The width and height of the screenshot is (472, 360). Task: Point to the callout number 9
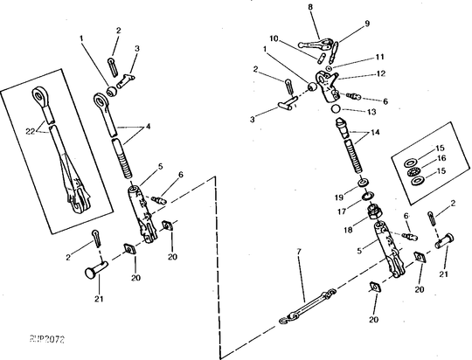click(x=343, y=24)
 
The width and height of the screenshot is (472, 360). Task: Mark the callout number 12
click(x=356, y=74)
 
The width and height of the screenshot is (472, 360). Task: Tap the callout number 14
click(x=377, y=132)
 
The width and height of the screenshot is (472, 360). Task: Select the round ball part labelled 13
click(x=334, y=109)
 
